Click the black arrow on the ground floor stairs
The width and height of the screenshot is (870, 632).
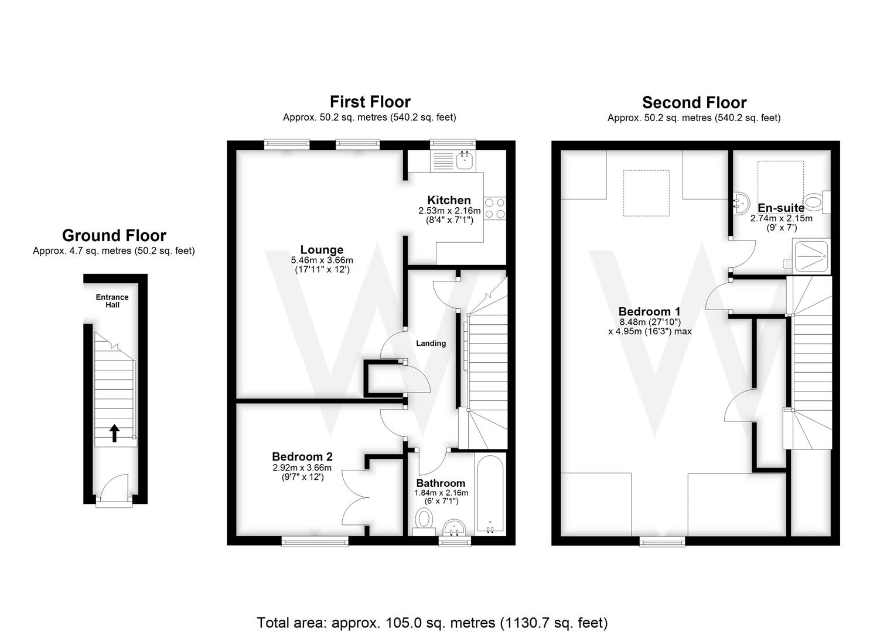coord(114,433)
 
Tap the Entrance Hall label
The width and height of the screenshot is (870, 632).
coord(112,301)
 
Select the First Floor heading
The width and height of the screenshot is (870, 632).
coord(370,102)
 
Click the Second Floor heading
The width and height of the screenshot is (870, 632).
coord(694,102)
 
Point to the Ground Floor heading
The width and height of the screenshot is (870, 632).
coord(114,235)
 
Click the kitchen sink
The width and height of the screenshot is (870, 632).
coord(466,159)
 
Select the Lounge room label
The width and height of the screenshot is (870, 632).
coord(322,250)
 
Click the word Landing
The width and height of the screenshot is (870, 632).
coord(431,344)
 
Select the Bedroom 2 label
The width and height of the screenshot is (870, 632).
coord(302,456)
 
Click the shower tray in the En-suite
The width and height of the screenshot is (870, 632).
coord(811,255)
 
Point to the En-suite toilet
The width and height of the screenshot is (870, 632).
coord(815,202)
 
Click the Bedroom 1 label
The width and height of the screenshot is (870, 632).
coord(649,311)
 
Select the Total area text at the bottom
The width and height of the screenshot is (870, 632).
coord(432,622)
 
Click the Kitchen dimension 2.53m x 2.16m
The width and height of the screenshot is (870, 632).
coord(449,211)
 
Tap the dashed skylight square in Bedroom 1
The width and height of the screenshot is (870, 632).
coord(646,193)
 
